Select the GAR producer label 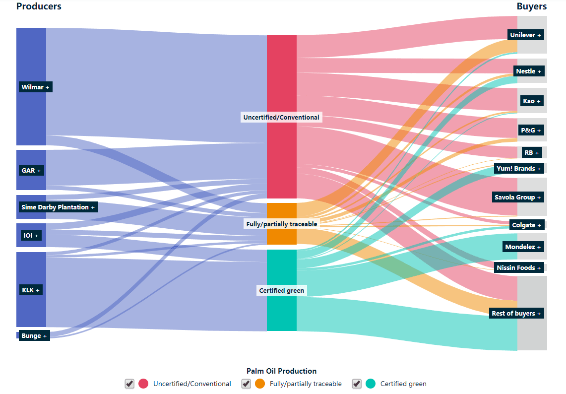tap(32, 171)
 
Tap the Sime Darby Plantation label tap(58, 207)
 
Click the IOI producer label tap(31, 235)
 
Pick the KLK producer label tap(31, 290)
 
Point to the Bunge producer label tap(34, 336)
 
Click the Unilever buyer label tap(525, 35)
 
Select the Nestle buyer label tap(528, 71)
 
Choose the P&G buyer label tap(531, 131)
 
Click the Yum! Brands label tap(519, 169)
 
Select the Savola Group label tap(518, 197)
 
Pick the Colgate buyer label tap(526, 225)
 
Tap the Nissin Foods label tap(519, 268)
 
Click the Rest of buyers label tap(516, 314)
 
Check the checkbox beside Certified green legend tap(357, 384)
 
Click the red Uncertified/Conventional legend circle tap(143, 384)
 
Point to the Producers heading tap(39, 6)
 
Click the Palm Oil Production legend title tap(281, 371)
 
